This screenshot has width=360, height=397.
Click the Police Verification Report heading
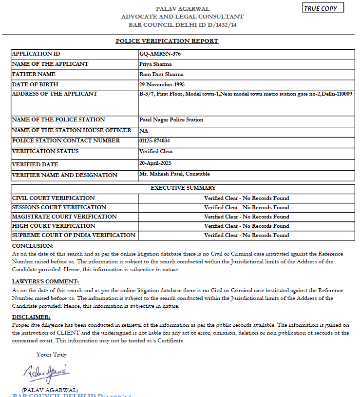pos(167,41)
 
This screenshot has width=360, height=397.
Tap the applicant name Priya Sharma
pos(155,64)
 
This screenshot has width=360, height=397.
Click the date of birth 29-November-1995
pos(161,84)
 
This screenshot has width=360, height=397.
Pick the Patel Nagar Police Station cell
pos(171,119)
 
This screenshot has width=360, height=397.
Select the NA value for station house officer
pos(143,131)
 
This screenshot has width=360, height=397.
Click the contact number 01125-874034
pos(154,140)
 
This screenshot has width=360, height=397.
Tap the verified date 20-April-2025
pos(155,163)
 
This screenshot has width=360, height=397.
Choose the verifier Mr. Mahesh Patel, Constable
pos(174,174)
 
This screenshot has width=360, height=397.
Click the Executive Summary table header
pos(183,188)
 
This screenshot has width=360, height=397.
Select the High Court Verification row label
pos(54,226)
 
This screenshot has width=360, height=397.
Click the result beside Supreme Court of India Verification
pos(246,235)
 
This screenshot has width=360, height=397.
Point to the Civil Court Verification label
pos(53,198)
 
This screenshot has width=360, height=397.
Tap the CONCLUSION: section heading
pos(33,246)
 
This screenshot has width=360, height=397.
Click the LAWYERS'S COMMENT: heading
pos(45,282)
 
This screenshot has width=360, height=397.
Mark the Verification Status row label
pos(45,152)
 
